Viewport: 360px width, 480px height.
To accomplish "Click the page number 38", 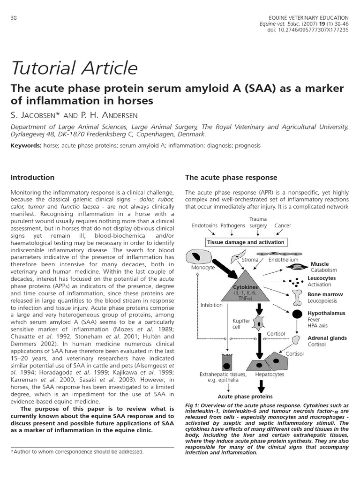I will click(14, 18).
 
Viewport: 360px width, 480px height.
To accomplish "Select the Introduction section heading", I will click(32, 178).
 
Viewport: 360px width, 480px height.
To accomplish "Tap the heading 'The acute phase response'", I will click(231, 178).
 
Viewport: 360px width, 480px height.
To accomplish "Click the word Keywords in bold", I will click(26, 146).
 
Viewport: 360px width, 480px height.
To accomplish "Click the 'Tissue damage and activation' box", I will click(246, 242).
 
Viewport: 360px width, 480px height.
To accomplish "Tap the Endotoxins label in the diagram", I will click(205, 225).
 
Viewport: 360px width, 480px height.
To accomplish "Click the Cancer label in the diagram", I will click(283, 225).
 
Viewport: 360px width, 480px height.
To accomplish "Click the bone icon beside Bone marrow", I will click(297, 297).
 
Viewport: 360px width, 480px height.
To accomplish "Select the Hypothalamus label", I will click(326, 313).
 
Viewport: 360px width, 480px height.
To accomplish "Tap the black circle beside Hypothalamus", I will click(297, 315).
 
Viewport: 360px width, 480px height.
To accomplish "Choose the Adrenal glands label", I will click(327, 338).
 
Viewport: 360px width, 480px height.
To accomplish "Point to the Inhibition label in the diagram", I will click(211, 305).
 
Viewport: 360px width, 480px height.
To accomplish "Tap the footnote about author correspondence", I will click(77, 452).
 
